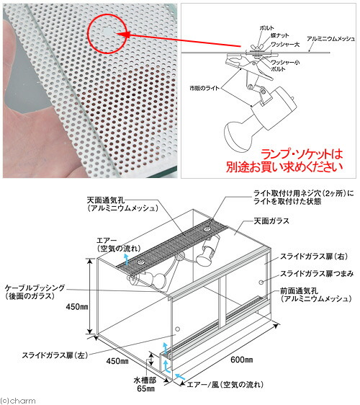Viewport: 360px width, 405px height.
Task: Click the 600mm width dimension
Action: point(241,358)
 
